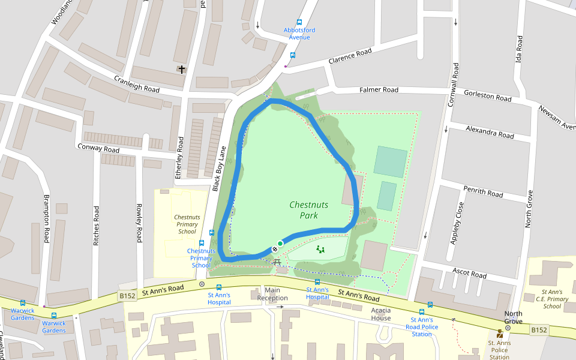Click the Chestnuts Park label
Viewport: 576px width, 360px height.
(x=308, y=210)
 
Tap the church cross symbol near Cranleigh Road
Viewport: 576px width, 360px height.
(x=181, y=70)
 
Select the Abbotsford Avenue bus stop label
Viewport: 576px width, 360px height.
(x=299, y=34)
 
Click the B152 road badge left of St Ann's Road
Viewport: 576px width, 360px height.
(x=127, y=296)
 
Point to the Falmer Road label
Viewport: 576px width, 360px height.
(x=379, y=90)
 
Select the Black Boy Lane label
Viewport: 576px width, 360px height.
(x=220, y=170)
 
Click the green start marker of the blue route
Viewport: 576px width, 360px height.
(x=280, y=244)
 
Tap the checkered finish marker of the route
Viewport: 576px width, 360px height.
(x=275, y=248)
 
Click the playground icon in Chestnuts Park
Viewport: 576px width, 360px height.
(x=320, y=249)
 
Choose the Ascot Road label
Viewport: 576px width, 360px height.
(x=469, y=273)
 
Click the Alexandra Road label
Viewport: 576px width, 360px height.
(x=490, y=133)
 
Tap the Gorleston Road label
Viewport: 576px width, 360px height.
(x=487, y=95)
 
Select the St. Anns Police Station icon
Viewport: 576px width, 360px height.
(x=499, y=334)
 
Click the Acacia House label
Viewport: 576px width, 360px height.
(x=381, y=314)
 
